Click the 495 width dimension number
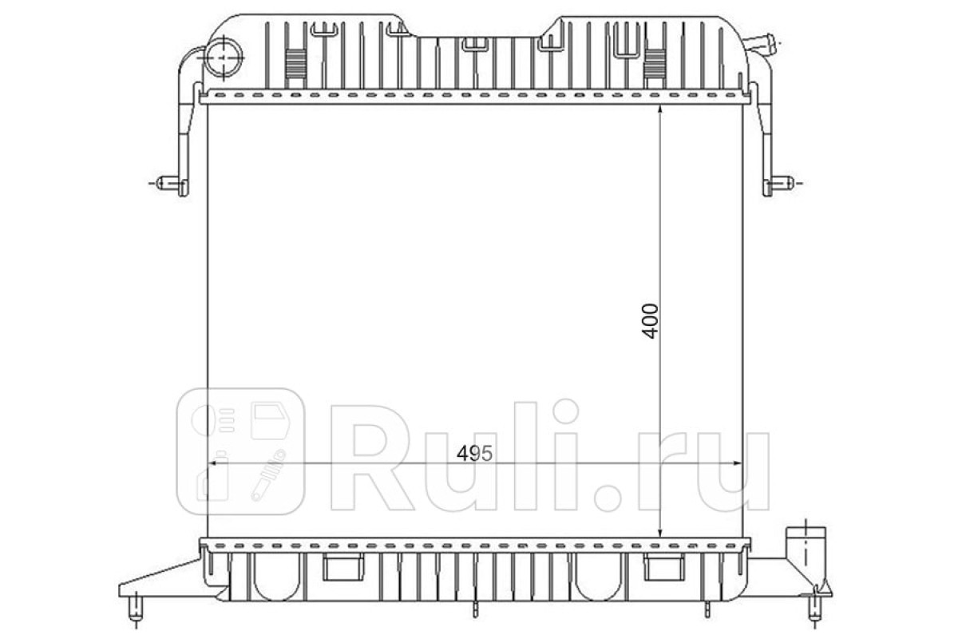click(x=474, y=454)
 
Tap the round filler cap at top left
click(x=224, y=58)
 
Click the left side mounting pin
click(x=172, y=183)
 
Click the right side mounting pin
click(x=778, y=183)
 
